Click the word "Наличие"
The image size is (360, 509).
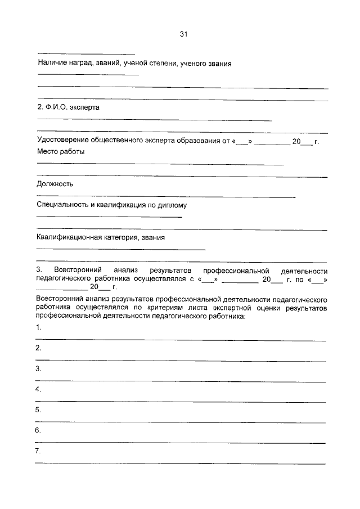[x=52, y=64]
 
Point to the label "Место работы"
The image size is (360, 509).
[x=61, y=152]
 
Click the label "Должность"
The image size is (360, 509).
[x=55, y=184]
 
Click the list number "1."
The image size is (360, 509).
[x=38, y=327]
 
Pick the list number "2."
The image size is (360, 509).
[x=38, y=348]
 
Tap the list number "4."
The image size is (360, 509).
[x=38, y=389]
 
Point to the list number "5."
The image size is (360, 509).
[x=38, y=410]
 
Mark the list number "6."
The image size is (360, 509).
[x=38, y=430]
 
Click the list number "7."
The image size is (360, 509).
[x=38, y=451]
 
